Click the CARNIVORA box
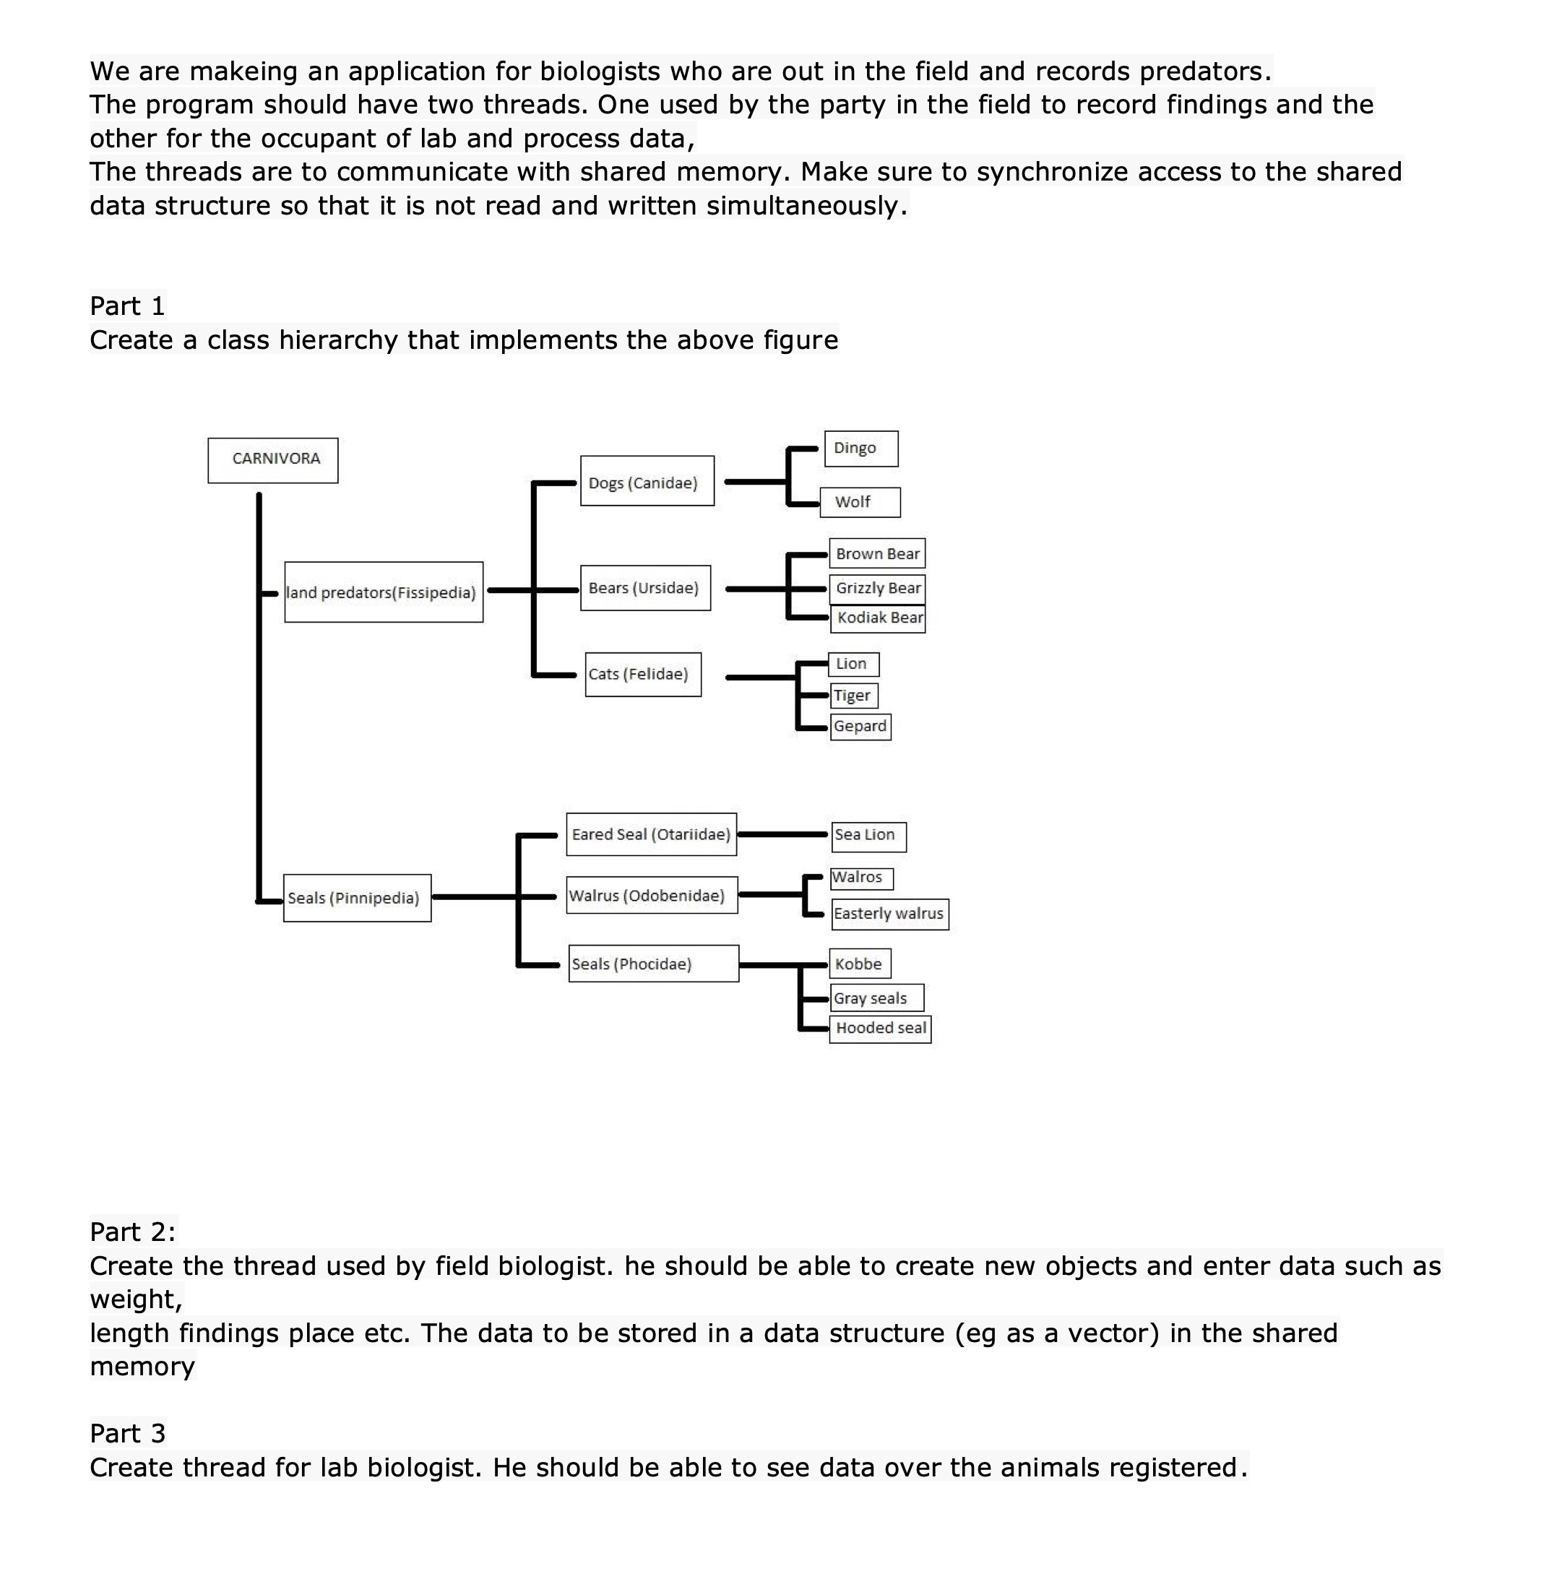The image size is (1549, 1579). (x=272, y=459)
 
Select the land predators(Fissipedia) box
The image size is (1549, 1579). (x=383, y=592)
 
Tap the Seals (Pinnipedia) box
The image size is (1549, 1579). (x=357, y=897)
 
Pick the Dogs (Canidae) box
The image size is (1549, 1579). (x=647, y=481)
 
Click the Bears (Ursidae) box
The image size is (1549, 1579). (x=645, y=587)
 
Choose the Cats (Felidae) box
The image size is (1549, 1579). (x=643, y=674)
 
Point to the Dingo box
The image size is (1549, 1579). (x=860, y=449)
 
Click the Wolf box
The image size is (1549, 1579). (x=860, y=502)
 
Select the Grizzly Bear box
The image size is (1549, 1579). (x=877, y=588)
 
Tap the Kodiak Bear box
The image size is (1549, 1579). (x=878, y=618)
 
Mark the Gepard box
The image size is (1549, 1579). (x=860, y=727)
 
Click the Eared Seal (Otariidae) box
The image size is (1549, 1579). (x=651, y=834)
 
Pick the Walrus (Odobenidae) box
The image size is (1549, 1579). (x=652, y=895)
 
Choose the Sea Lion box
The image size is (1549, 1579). (x=868, y=836)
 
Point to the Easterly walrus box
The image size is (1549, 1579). (x=889, y=914)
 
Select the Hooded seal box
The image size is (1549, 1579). (x=879, y=1029)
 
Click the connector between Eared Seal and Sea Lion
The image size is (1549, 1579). (x=782, y=834)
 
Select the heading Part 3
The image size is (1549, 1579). (x=128, y=1432)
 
